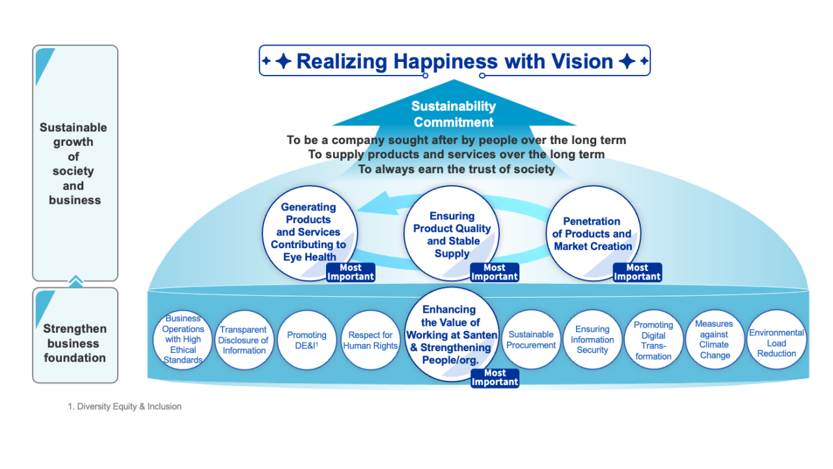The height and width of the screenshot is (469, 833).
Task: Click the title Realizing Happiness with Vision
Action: [x=454, y=61]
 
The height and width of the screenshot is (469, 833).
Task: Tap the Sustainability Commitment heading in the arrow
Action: [x=454, y=114]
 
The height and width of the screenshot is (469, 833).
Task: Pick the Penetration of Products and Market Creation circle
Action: [x=592, y=233]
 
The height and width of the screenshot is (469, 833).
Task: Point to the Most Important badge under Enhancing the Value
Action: [x=495, y=378]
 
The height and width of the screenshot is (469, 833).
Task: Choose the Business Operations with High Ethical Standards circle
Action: [x=183, y=339]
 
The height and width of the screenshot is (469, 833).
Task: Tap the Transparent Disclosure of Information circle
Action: [x=243, y=340]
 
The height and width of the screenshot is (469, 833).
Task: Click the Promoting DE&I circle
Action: [x=307, y=340]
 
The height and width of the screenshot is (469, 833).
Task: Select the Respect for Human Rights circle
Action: [x=370, y=340]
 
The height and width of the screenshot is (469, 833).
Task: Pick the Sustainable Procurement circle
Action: [x=531, y=339]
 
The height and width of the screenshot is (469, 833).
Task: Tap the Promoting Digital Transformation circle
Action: [x=653, y=340]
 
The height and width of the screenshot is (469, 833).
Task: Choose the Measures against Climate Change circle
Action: [x=714, y=339]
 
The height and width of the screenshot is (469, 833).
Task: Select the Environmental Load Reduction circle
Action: [x=776, y=339]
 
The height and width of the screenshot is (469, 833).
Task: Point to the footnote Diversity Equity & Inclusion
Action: [x=125, y=406]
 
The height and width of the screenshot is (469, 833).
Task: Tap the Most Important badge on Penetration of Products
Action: [x=637, y=272]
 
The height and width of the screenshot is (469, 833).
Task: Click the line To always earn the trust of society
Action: [x=456, y=169]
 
